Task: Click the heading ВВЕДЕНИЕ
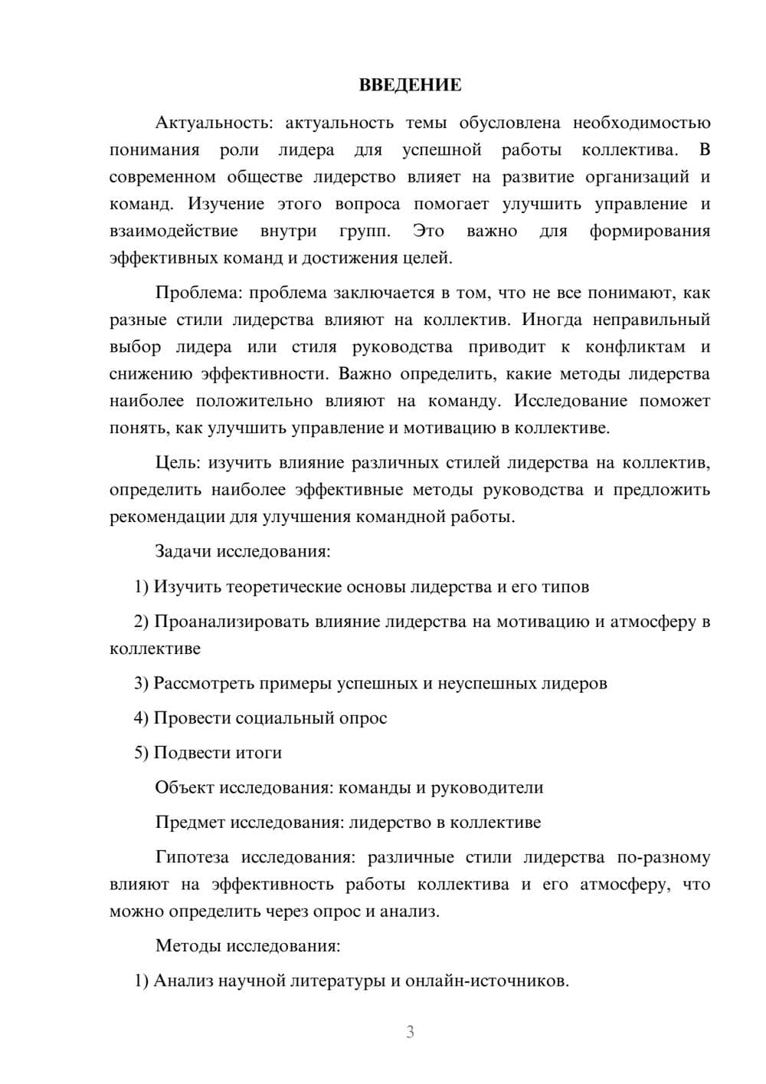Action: [410, 85]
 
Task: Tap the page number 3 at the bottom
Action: [410, 1032]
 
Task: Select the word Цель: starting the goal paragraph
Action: [178, 462]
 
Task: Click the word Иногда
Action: [549, 319]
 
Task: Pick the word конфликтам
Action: [635, 347]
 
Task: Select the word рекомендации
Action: [167, 517]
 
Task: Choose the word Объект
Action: [185, 787]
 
